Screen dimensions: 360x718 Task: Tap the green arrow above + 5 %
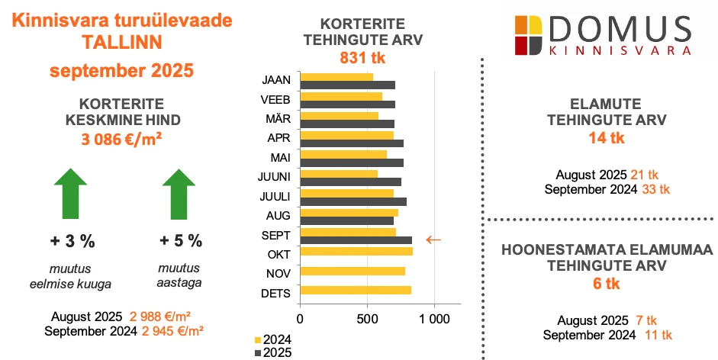point(180,195)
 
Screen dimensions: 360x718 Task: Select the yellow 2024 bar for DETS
point(356,290)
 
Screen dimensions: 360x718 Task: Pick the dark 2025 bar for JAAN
point(347,85)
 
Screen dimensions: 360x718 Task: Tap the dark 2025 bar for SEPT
point(356,240)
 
